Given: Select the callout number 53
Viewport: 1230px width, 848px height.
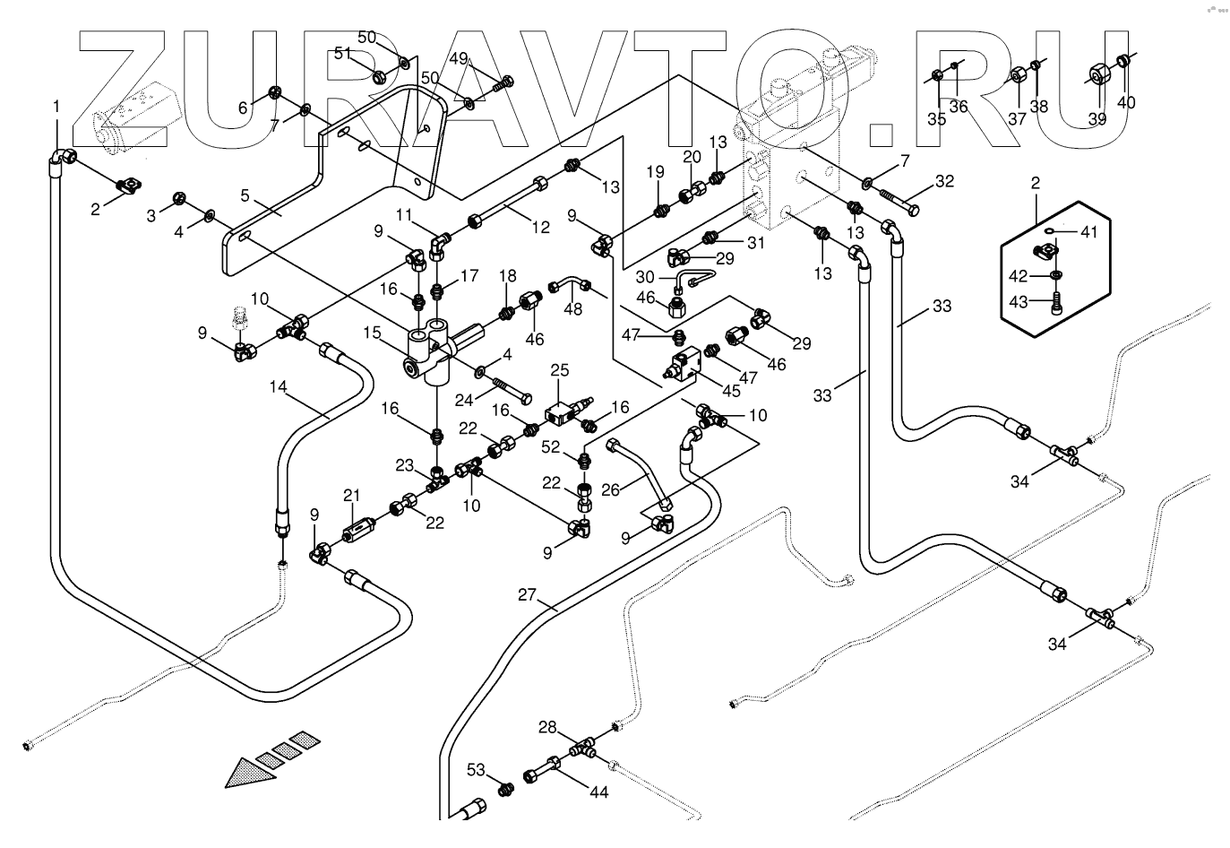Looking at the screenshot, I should pyautogui.click(x=476, y=770).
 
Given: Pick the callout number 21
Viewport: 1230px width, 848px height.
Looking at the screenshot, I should pyautogui.click(x=351, y=495).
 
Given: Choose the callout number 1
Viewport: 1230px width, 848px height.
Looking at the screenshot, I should pyautogui.click(x=56, y=107).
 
